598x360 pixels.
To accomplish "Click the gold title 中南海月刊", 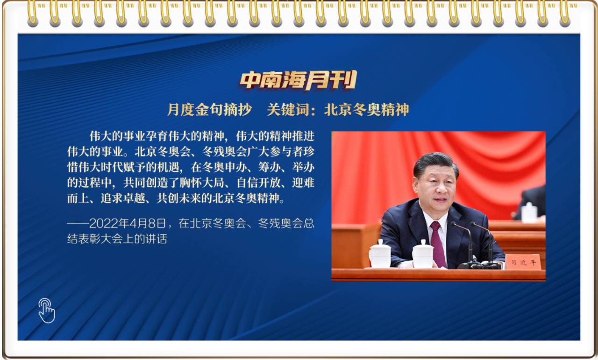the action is (298, 80).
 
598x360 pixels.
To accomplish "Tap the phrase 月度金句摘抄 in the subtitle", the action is (209, 110).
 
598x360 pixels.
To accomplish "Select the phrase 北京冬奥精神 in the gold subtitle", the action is (367, 110).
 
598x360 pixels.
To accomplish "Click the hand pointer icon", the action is (47, 311).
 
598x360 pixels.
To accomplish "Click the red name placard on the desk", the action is (523, 262).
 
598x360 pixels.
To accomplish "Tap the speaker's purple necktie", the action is (438, 244).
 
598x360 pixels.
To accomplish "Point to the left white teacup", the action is (380, 254).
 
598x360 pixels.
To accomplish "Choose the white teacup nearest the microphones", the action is (423, 254).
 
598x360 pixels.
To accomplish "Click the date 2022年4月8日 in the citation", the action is (128, 224).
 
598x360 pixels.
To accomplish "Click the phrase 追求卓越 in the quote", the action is (122, 198).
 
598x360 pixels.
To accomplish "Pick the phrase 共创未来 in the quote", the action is (178, 198).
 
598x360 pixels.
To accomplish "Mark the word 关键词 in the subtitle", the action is (288, 110).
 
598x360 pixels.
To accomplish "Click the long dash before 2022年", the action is (78, 224).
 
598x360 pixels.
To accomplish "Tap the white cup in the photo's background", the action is (529, 212).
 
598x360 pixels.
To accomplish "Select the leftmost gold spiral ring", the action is (33, 14).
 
